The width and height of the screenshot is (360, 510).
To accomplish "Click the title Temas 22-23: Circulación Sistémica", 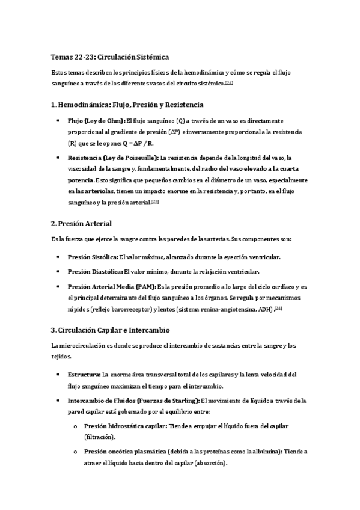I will pos(105,56).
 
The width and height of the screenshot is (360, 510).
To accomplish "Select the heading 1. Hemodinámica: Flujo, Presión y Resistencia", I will pos(127,104).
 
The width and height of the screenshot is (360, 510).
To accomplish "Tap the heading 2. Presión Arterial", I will pos(82,223).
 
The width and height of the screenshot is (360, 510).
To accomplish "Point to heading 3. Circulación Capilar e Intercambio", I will pos(111,330).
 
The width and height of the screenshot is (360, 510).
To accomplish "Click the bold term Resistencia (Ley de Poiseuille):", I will pos(114,158).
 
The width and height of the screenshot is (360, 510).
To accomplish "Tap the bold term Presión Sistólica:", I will pos(93,256).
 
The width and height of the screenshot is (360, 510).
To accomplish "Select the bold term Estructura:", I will pos(84,374).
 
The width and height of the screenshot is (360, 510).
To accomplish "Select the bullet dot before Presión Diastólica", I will pos(57,272).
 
